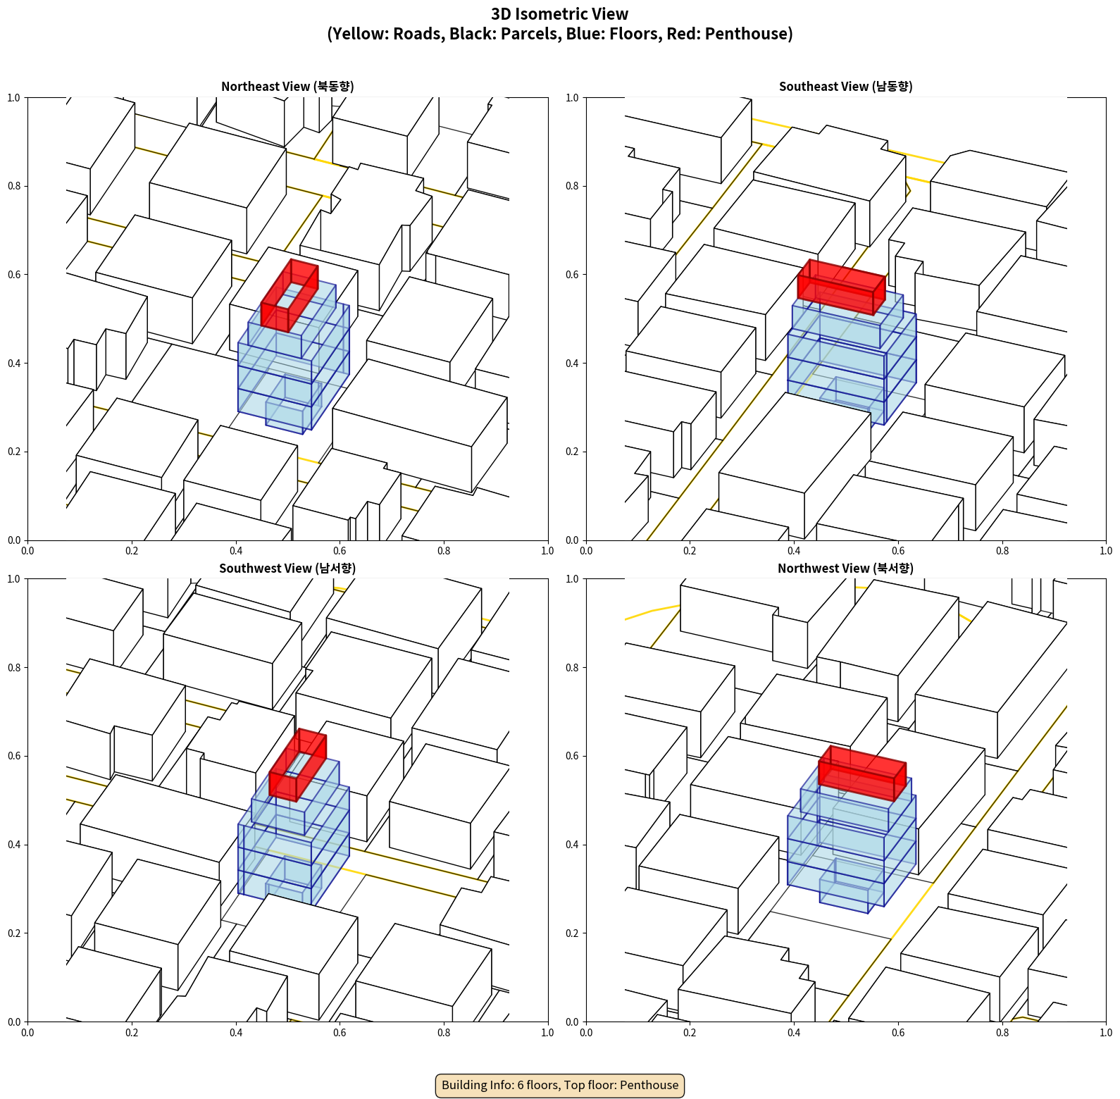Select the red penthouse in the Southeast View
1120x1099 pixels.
click(842, 287)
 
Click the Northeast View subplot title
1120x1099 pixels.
click(287, 86)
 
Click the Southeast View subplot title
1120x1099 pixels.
click(845, 86)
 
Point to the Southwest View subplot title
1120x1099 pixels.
click(287, 568)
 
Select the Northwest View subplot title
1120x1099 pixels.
click(845, 568)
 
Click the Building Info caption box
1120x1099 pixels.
click(560, 1085)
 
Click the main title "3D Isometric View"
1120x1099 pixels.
click(560, 14)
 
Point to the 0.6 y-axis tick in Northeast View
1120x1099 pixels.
click(14, 275)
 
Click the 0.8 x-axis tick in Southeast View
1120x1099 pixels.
click(1002, 551)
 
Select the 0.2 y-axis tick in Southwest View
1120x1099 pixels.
click(14, 933)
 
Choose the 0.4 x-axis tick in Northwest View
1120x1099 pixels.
click(794, 1033)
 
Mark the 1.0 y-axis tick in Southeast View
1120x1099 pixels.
click(572, 98)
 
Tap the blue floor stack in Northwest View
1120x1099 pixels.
click(851, 845)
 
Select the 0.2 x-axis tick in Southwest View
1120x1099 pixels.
click(132, 1033)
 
